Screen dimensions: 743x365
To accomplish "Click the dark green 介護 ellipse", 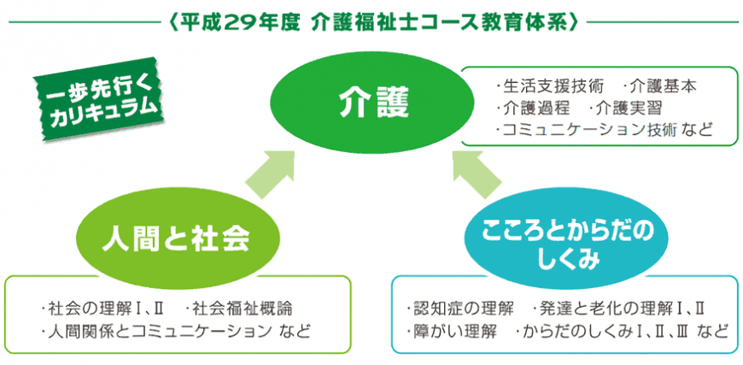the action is [371, 103].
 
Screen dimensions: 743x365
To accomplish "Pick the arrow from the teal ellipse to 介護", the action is [476, 174].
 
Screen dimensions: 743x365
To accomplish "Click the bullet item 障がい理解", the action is [451, 332].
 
